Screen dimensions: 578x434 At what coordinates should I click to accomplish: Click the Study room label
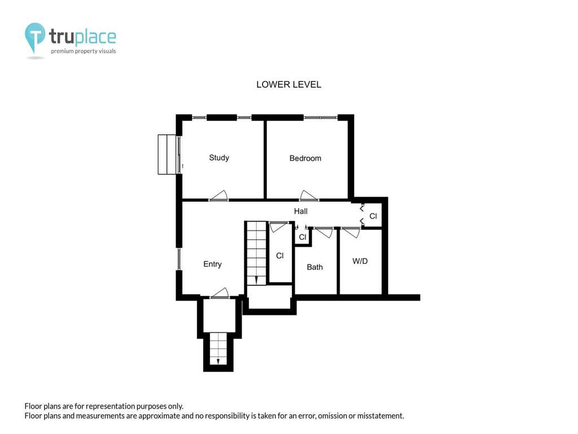[219, 158]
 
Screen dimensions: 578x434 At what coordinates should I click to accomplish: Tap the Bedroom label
[305, 158]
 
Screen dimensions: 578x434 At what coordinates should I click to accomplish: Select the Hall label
[301, 211]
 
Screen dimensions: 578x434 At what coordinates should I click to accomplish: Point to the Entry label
[212, 264]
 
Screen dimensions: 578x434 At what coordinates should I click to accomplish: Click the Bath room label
[315, 267]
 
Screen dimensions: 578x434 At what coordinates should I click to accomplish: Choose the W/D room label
[360, 261]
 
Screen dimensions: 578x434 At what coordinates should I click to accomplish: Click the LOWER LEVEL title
[288, 85]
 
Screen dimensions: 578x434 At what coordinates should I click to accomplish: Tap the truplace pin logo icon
[34, 38]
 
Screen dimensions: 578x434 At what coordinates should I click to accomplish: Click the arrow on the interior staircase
[256, 279]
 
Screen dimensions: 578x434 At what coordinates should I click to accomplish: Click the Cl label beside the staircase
[280, 255]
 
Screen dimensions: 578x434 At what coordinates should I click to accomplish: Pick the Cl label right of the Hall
[373, 216]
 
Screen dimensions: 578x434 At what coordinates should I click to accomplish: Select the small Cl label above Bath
[303, 237]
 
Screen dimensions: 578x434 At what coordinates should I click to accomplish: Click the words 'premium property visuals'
[84, 51]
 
